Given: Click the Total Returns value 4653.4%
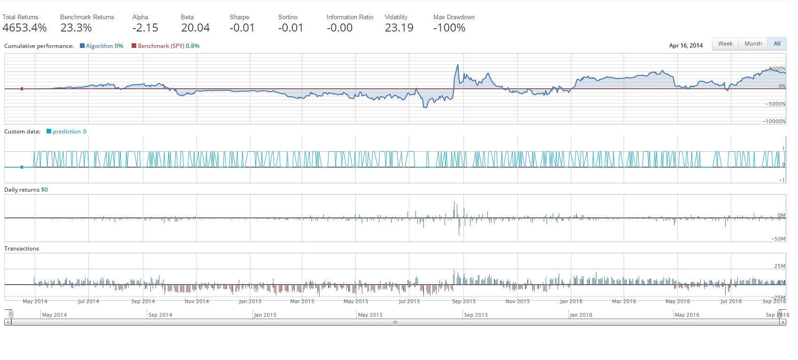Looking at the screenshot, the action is click(x=24, y=28).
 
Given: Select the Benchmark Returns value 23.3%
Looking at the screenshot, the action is click(x=76, y=28).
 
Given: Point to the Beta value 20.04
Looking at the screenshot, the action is click(x=195, y=28).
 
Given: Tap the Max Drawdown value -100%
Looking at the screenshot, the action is click(x=449, y=28).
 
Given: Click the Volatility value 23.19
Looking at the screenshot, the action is click(x=399, y=28).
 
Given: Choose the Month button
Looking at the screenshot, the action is click(x=753, y=44).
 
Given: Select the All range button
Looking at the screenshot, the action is click(x=777, y=44).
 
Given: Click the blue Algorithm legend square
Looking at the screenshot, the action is click(x=82, y=46).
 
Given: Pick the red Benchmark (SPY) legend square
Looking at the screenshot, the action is click(x=134, y=46).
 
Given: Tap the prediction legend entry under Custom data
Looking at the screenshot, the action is click(x=67, y=132).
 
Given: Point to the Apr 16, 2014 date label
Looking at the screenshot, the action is click(x=686, y=46).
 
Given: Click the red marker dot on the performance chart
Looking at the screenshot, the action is click(x=22, y=89).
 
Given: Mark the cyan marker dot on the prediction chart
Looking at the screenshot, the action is click(x=22, y=167).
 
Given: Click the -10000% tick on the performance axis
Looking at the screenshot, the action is click(x=774, y=121).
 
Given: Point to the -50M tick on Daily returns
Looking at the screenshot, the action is click(x=778, y=239).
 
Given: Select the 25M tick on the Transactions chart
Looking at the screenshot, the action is click(x=780, y=266).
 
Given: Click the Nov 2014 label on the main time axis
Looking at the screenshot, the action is click(x=196, y=301).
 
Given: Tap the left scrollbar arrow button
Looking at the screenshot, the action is click(x=8, y=322).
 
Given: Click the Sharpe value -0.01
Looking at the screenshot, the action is click(x=242, y=28).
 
